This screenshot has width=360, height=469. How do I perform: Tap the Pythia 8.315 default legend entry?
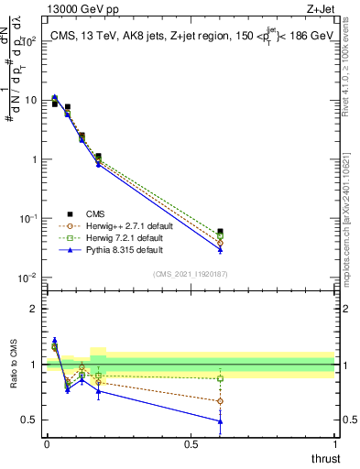pos(130,249)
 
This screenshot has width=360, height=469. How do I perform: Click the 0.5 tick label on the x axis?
pos(191,444)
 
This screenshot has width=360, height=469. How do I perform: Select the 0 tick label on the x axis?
pos(47,444)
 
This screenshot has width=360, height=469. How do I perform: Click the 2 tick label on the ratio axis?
pos(34,309)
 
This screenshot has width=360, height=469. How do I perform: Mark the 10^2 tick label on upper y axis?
pos(28,41)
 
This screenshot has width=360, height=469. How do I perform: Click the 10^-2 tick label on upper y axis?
pos(27,278)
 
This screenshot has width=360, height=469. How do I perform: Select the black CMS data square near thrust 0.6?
pos(220,232)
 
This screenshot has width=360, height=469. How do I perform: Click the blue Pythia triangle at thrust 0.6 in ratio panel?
pos(220,421)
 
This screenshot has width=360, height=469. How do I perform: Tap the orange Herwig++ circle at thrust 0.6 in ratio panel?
pos(220,401)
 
